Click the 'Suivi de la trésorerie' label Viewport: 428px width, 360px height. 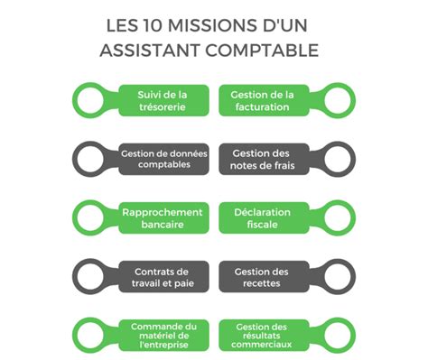163,100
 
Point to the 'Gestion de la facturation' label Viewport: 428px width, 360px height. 262,100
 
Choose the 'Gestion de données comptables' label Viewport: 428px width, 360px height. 163,160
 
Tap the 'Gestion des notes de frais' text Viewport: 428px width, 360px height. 262,160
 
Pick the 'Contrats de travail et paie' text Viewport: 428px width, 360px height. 163,277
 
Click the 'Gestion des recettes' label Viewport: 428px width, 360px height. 262,277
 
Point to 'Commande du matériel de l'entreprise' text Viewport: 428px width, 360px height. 163,334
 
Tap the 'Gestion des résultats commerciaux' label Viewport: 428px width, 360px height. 262,334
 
